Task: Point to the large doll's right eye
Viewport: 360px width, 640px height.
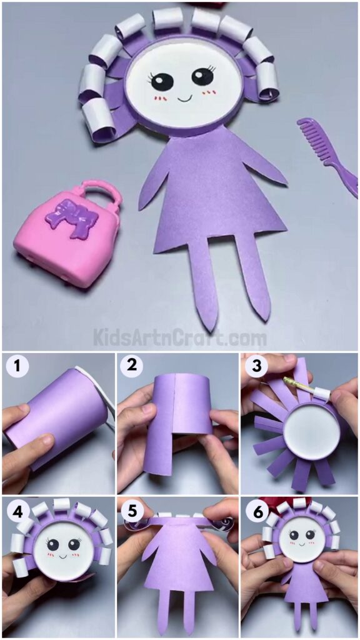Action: pyautogui.click(x=202, y=77)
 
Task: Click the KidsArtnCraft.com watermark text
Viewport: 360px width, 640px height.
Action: pyautogui.click(x=180, y=338)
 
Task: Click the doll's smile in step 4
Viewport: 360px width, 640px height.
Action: pyautogui.click(x=61, y=554)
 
